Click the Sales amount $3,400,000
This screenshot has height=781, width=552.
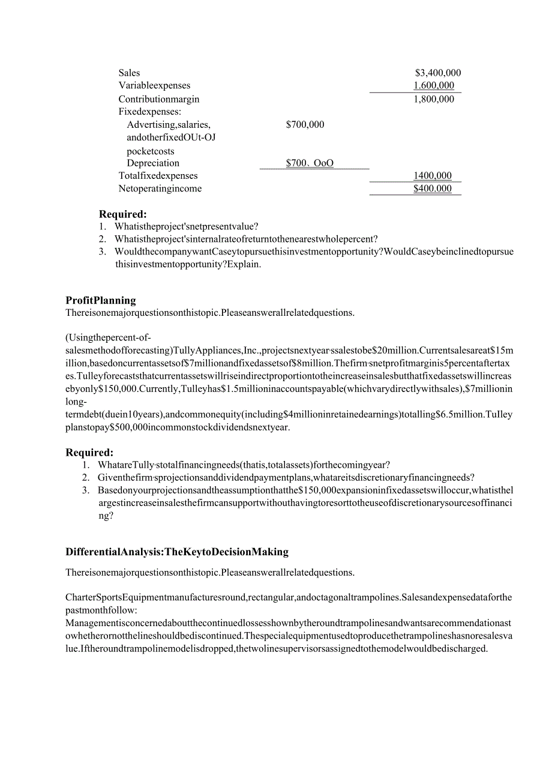click(x=437, y=73)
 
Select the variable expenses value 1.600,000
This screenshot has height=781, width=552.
click(x=434, y=86)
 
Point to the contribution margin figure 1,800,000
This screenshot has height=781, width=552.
click(x=434, y=99)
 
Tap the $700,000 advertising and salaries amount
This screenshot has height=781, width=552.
click(x=305, y=125)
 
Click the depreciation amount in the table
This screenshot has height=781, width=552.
click(x=310, y=163)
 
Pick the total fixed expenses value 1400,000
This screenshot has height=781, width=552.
click(x=433, y=176)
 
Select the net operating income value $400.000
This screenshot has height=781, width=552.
click(x=433, y=188)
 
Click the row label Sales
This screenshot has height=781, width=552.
click(x=129, y=73)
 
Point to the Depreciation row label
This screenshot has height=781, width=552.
click(x=153, y=163)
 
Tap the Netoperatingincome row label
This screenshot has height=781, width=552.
click(x=160, y=188)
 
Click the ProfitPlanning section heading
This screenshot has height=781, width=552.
click(x=101, y=300)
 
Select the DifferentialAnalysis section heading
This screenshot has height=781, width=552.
click(x=177, y=552)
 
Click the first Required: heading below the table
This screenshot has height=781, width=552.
click(x=122, y=214)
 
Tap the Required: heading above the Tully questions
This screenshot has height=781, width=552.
click(x=89, y=453)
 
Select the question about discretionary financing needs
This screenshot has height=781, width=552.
click(x=286, y=477)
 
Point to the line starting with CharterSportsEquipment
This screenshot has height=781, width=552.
click(x=289, y=597)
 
